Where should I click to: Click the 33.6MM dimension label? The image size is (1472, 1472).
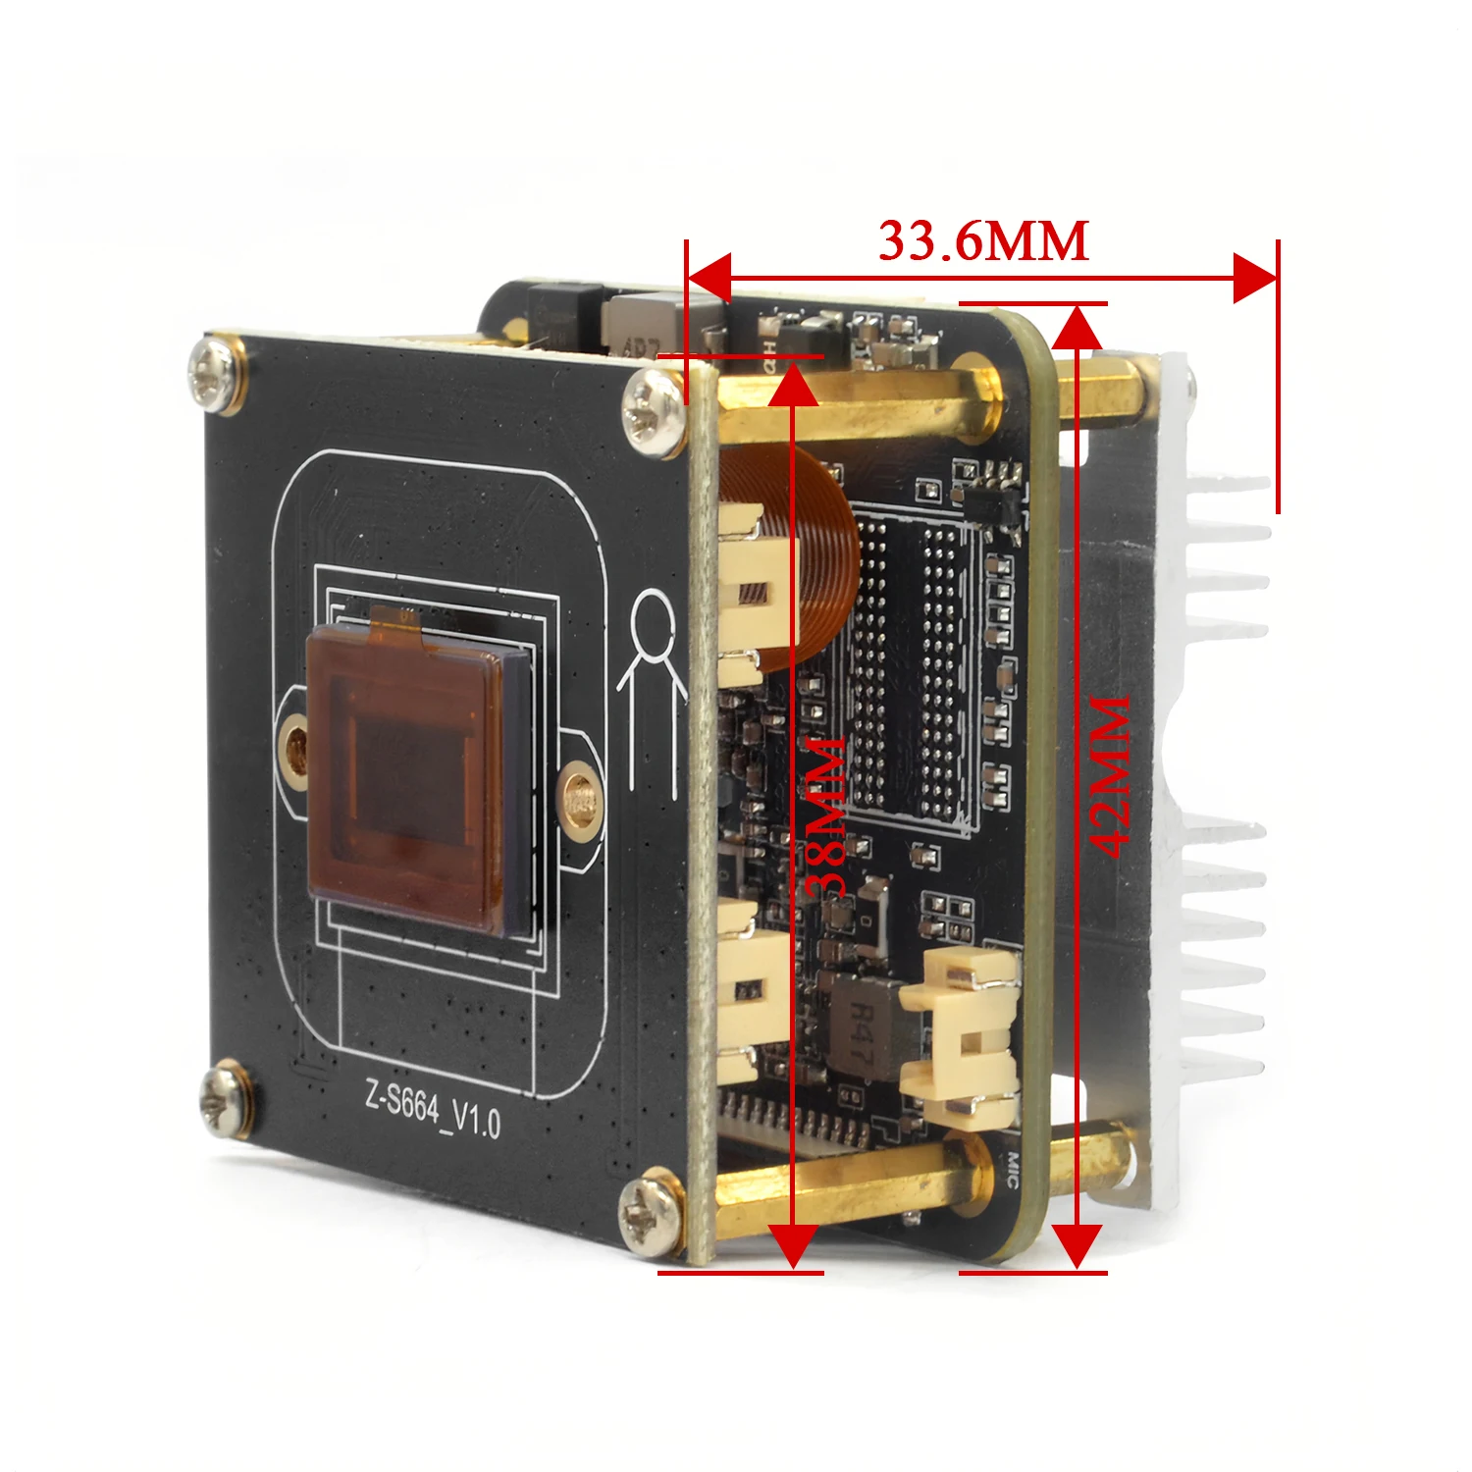tap(983, 241)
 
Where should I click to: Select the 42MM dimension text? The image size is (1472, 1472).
tap(1111, 776)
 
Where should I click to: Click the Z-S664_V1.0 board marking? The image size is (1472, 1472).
tap(433, 1110)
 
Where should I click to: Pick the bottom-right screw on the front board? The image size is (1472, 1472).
tap(651, 1214)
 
